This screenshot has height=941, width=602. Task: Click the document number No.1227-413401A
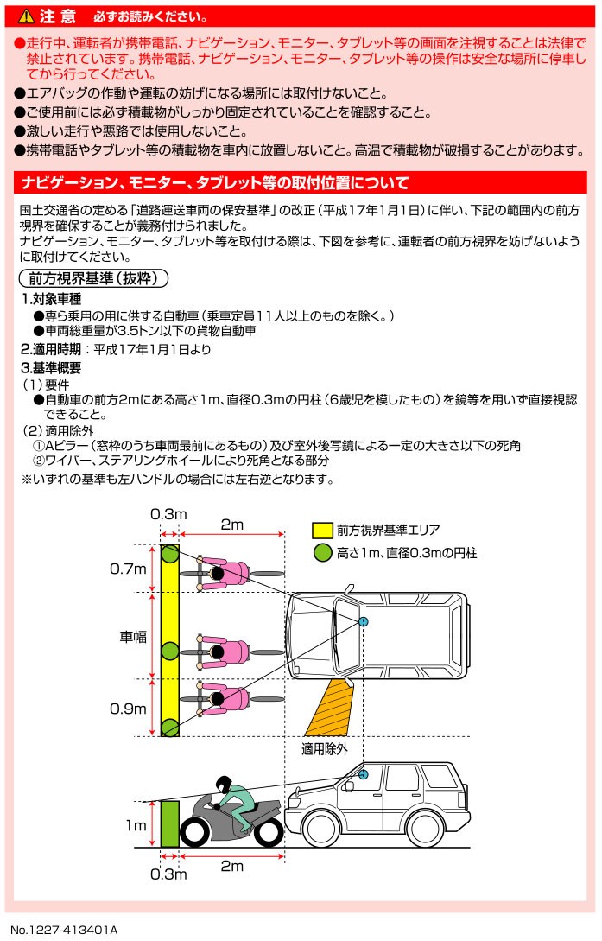(64, 930)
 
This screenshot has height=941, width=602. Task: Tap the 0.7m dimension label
(128, 569)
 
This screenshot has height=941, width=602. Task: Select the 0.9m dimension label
(128, 709)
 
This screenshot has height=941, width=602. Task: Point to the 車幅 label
(133, 636)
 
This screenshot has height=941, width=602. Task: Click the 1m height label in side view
(136, 826)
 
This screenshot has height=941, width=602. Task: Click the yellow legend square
(322, 531)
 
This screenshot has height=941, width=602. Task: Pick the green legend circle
(322, 553)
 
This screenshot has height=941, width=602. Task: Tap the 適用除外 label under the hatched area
(325, 749)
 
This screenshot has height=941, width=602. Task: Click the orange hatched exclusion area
(331, 709)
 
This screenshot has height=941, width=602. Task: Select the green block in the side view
(169, 823)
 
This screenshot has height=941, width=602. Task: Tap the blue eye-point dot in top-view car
(364, 621)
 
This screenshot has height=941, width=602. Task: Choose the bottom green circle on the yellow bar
(169, 728)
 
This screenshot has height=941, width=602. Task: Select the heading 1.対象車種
(52, 299)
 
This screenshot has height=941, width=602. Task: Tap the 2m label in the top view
(232, 525)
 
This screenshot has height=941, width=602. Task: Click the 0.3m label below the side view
(168, 874)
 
